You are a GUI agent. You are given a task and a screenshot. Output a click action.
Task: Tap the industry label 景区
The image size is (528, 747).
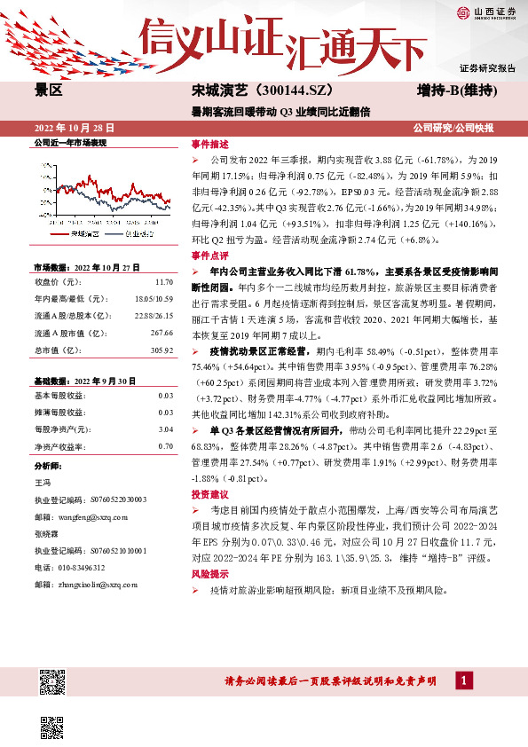pos(48,90)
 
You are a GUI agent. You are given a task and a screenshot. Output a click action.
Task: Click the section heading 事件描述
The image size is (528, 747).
pos(209,144)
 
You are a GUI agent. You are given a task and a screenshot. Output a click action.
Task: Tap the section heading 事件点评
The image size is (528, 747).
pos(209,255)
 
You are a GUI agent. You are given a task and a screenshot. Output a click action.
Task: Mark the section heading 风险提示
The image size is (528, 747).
pos(209,551)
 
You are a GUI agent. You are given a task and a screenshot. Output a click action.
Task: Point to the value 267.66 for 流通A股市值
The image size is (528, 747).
pos(161,333)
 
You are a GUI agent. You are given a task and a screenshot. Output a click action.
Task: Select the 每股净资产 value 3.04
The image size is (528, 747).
pos(165,429)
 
